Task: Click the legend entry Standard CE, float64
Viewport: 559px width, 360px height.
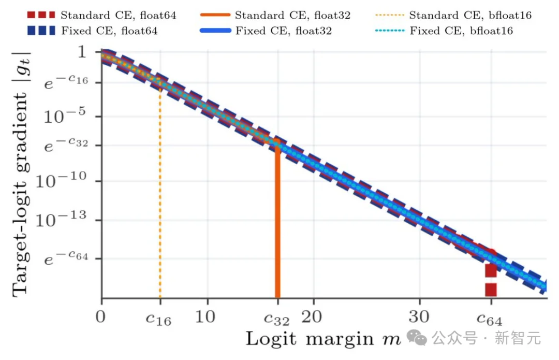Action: (x=101, y=15)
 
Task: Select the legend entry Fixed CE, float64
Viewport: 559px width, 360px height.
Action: (x=92, y=31)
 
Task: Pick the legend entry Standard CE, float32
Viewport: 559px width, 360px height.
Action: (x=275, y=15)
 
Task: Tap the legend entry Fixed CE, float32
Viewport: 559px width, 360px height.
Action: (x=266, y=31)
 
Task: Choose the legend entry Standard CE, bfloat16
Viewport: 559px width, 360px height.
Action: (x=453, y=15)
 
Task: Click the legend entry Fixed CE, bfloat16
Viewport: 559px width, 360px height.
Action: (x=444, y=31)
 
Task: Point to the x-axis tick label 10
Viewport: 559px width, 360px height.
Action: (x=205, y=317)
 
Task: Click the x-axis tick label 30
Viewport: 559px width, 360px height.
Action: (x=419, y=317)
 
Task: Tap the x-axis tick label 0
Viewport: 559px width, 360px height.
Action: (x=100, y=317)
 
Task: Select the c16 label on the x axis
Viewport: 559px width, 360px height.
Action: (x=159, y=319)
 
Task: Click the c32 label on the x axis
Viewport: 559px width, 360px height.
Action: (x=276, y=319)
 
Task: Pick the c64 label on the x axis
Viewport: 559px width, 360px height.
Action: (x=489, y=319)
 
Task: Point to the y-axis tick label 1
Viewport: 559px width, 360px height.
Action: (x=82, y=52)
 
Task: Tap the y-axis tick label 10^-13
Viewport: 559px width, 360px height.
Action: (x=61, y=219)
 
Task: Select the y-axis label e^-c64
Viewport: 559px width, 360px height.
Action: (x=66, y=257)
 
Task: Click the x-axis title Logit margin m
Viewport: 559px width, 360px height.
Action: (x=323, y=339)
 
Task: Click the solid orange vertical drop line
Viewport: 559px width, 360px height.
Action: (x=278, y=221)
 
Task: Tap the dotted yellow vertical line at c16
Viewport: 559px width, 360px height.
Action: (x=160, y=191)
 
